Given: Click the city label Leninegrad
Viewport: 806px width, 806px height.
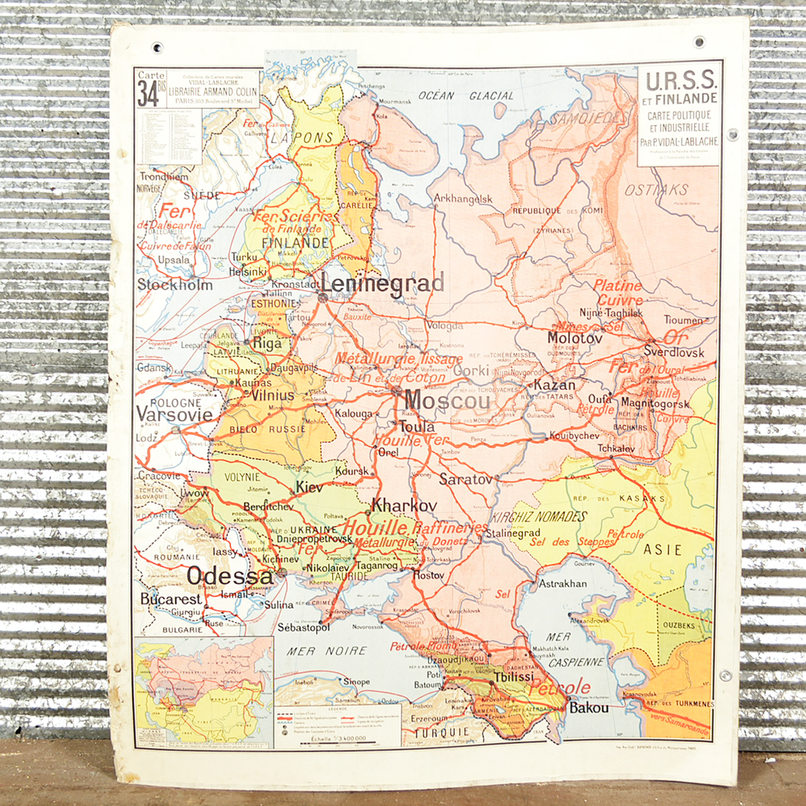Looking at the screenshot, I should [382, 284].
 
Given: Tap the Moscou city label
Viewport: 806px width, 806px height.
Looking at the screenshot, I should [447, 401].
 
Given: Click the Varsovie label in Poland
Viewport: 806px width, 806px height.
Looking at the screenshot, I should [173, 414].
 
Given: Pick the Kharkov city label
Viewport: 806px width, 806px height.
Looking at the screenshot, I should [404, 506].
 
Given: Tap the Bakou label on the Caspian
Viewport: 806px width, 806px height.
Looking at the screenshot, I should [589, 708].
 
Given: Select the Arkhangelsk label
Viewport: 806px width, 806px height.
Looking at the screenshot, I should [463, 198].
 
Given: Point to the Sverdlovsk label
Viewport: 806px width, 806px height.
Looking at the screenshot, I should [674, 353].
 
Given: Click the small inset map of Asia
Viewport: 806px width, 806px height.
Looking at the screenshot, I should [203, 690].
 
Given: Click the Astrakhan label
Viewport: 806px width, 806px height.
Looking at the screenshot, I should [562, 583].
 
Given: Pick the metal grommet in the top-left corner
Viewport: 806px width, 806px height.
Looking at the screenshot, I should [157, 48].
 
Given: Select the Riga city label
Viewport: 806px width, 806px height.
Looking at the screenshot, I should [268, 343].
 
